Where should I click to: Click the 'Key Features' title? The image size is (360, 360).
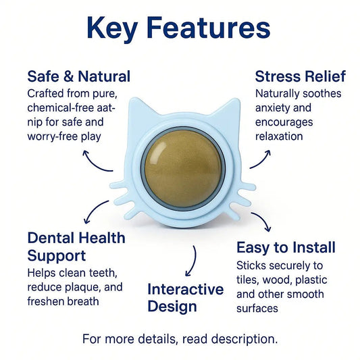click(x=179, y=28)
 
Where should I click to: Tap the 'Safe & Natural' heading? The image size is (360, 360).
click(x=78, y=76)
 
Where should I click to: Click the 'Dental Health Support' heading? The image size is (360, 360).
click(x=76, y=247)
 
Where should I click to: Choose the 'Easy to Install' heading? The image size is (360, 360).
click(x=286, y=248)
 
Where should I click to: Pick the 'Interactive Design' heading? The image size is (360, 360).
click(x=185, y=298)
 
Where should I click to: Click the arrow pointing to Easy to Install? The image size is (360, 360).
click(x=261, y=221)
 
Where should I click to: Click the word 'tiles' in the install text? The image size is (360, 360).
click(x=249, y=280)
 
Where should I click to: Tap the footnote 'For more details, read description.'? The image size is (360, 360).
click(x=180, y=338)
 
